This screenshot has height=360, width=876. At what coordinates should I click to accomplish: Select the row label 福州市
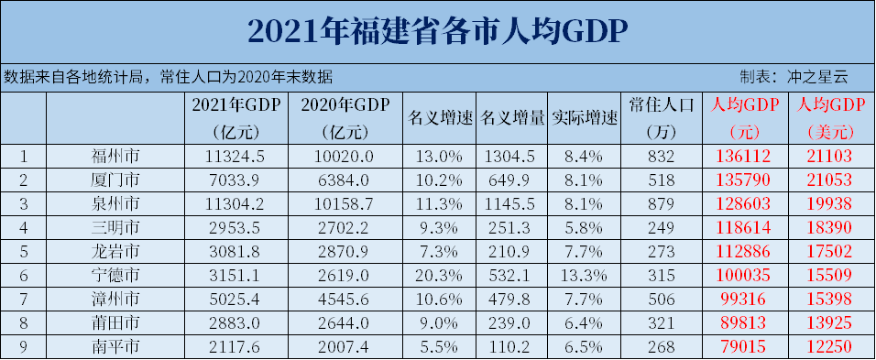[x=115, y=155]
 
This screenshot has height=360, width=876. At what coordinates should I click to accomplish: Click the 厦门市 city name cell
[x=115, y=179]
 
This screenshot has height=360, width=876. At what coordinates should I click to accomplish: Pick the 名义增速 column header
[x=440, y=118]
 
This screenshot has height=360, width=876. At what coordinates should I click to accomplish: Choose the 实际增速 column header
[x=585, y=118]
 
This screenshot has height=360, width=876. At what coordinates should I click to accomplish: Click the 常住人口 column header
[x=664, y=104]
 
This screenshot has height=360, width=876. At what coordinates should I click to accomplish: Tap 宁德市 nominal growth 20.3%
[x=440, y=274]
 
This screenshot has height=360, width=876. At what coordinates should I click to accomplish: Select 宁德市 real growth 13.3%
[x=585, y=274]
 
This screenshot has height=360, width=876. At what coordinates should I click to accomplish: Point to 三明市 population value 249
[x=664, y=226]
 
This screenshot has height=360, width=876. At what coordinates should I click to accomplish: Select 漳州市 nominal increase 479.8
[x=512, y=298]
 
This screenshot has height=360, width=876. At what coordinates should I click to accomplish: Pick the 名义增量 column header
[x=512, y=118]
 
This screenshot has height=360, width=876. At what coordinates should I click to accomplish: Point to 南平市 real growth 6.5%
[x=585, y=345]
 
